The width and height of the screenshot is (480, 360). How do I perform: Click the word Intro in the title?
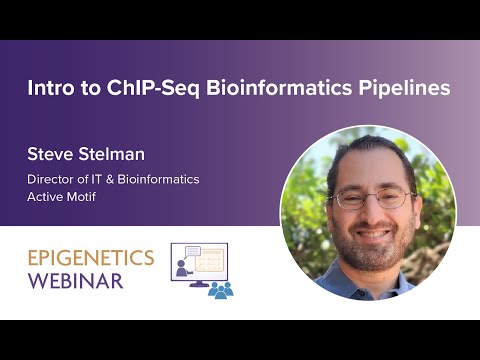tap(50, 88)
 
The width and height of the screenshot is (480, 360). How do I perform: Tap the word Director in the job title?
tap(51, 179)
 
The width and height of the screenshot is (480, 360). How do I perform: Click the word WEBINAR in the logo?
tap(75, 280)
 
